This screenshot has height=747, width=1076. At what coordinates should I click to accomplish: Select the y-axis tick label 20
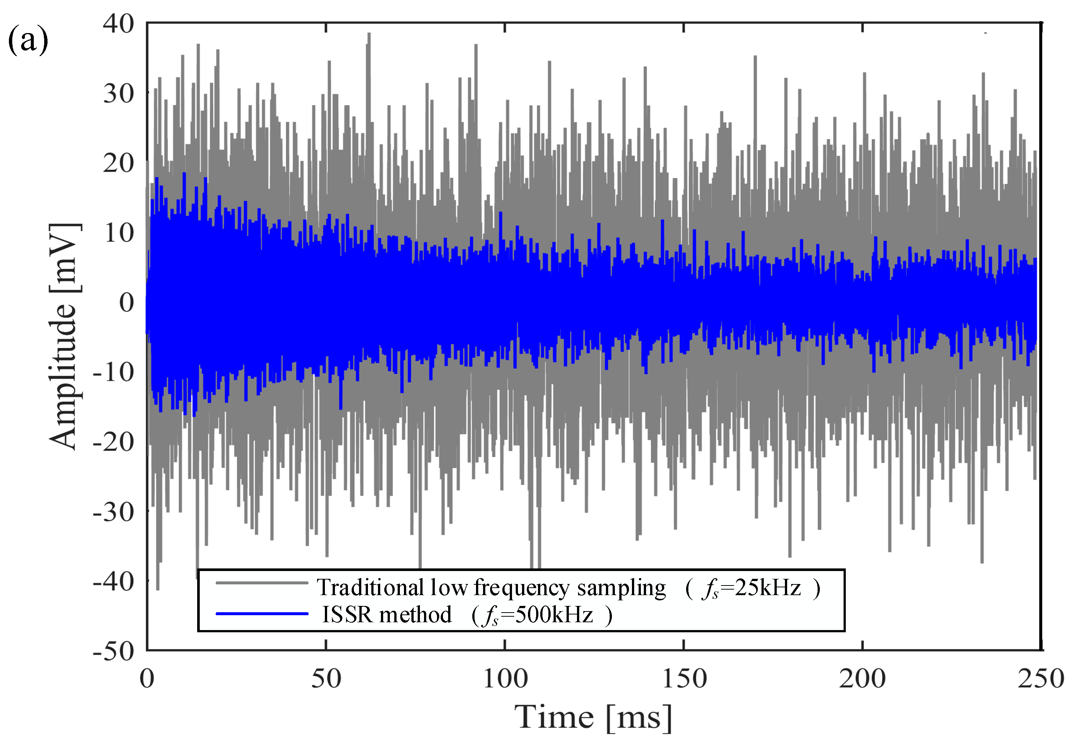tap(118, 163)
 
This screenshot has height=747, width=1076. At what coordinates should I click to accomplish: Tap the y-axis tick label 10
tap(118, 233)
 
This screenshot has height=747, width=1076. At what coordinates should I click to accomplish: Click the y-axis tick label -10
tap(113, 372)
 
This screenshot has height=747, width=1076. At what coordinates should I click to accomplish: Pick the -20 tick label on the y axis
tap(113, 441)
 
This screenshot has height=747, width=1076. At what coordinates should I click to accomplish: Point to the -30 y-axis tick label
tap(113, 512)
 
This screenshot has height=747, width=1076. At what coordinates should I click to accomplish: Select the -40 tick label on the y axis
tap(113, 582)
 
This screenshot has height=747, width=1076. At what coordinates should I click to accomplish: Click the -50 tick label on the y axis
tap(113, 651)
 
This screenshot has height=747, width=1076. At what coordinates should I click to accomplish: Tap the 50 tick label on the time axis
tap(326, 679)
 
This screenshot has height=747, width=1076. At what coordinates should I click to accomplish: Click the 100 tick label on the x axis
tap(505, 679)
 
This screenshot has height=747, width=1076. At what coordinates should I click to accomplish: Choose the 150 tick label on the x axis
tap(684, 679)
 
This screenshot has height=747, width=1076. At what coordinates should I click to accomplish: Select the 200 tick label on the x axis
tap(862, 679)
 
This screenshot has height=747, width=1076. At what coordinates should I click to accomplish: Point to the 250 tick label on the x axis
tap(1041, 679)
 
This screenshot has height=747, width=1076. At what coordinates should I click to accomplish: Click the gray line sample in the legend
tap(262, 583)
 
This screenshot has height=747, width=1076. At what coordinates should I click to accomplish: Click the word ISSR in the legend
tap(347, 614)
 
